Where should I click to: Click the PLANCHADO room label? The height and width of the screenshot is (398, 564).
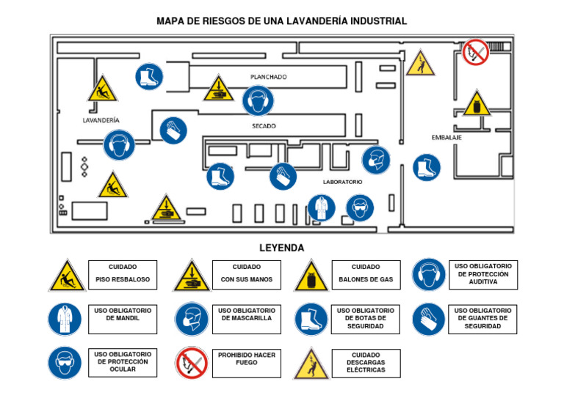268,76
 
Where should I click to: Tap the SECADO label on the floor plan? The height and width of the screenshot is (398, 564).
264,126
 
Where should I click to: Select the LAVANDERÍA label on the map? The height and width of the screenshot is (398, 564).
101,119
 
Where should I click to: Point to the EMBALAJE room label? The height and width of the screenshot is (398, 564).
446,138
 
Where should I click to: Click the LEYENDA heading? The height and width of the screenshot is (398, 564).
281,248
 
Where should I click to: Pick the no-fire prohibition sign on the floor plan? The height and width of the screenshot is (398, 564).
475,52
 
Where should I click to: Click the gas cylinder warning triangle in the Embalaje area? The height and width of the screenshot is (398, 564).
477,105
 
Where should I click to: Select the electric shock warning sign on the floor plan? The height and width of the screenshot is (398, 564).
420,64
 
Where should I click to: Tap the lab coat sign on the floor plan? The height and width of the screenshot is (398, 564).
321,208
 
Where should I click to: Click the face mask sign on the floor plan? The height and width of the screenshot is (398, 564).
376,161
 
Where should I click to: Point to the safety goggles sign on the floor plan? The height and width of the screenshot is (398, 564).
359,208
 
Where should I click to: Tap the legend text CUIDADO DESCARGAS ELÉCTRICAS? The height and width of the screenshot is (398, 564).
366,363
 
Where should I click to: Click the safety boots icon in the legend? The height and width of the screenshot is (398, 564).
311,320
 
